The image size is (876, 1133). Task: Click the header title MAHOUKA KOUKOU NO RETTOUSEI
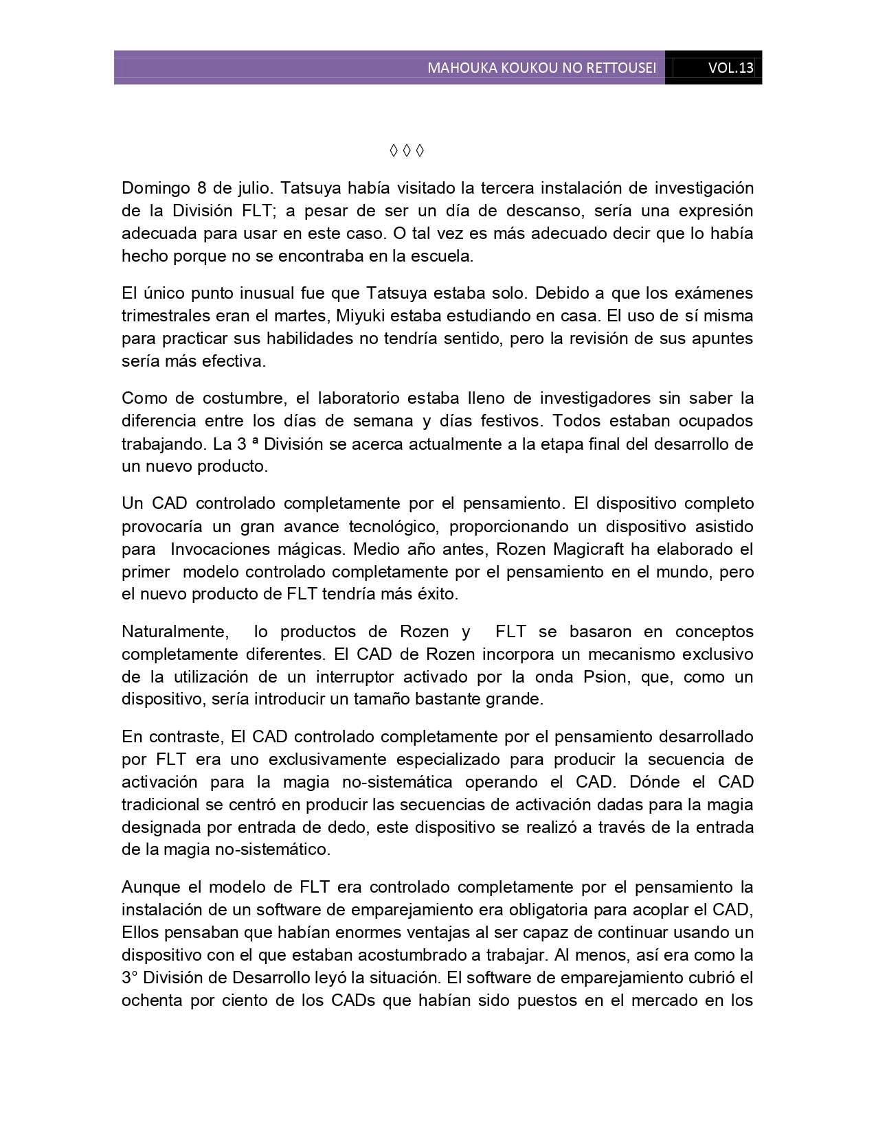coord(541,68)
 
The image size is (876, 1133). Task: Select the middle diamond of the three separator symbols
coord(406,150)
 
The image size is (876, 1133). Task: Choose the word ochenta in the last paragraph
coord(150,1000)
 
